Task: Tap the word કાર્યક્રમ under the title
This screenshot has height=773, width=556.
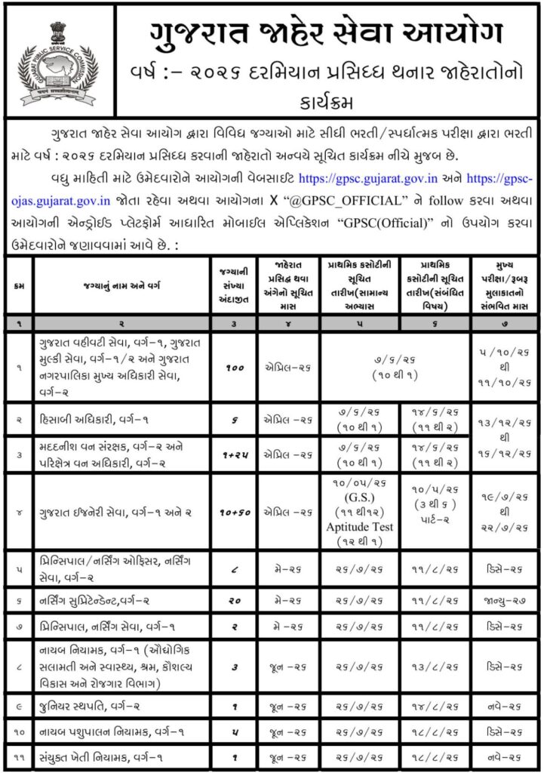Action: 315,101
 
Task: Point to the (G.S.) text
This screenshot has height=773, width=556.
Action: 359,498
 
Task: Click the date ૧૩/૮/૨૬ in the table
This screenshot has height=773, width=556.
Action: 435,666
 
